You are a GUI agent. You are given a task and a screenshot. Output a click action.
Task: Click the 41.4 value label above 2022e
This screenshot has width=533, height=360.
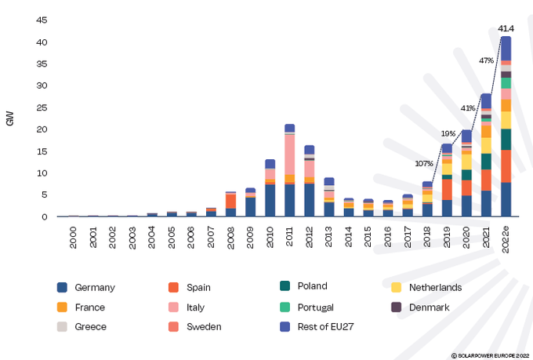(x=506, y=28)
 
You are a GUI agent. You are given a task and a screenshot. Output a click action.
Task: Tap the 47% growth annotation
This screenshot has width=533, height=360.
(x=486, y=60)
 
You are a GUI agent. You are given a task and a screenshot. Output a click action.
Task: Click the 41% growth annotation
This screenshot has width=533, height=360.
(x=468, y=107)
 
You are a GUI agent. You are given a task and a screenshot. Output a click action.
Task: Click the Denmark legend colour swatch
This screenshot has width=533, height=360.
(x=397, y=307)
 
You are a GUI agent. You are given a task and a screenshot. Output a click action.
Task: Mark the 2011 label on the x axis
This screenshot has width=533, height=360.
(x=289, y=235)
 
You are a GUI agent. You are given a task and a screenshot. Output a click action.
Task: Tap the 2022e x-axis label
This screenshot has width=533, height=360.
(x=506, y=237)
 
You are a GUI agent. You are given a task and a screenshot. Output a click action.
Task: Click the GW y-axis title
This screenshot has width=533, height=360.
(x=10, y=119)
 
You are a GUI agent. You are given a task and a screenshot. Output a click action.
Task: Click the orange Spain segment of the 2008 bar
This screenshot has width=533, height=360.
(x=230, y=201)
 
